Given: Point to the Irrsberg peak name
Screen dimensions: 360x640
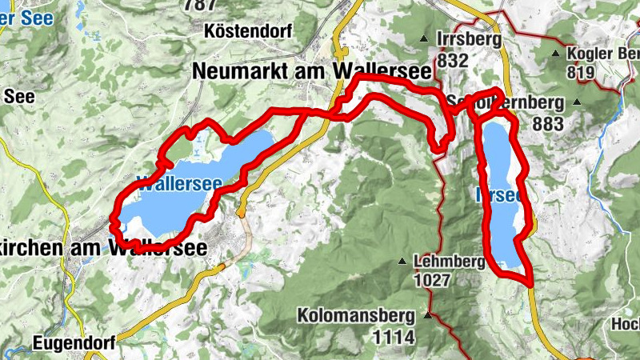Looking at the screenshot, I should [x=469, y=39].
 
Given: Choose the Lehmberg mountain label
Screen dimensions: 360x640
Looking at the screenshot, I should [x=449, y=261].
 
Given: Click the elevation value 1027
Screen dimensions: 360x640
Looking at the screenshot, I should [x=434, y=280].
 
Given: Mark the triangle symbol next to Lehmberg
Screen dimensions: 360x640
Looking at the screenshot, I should [x=403, y=261].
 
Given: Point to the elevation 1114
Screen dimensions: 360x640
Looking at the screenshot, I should [x=393, y=337].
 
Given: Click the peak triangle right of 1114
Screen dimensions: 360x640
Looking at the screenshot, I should [x=427, y=316].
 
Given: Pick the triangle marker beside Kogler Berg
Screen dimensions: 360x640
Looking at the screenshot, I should [x=556, y=54].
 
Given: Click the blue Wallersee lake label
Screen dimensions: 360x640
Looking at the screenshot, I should [x=179, y=182].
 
